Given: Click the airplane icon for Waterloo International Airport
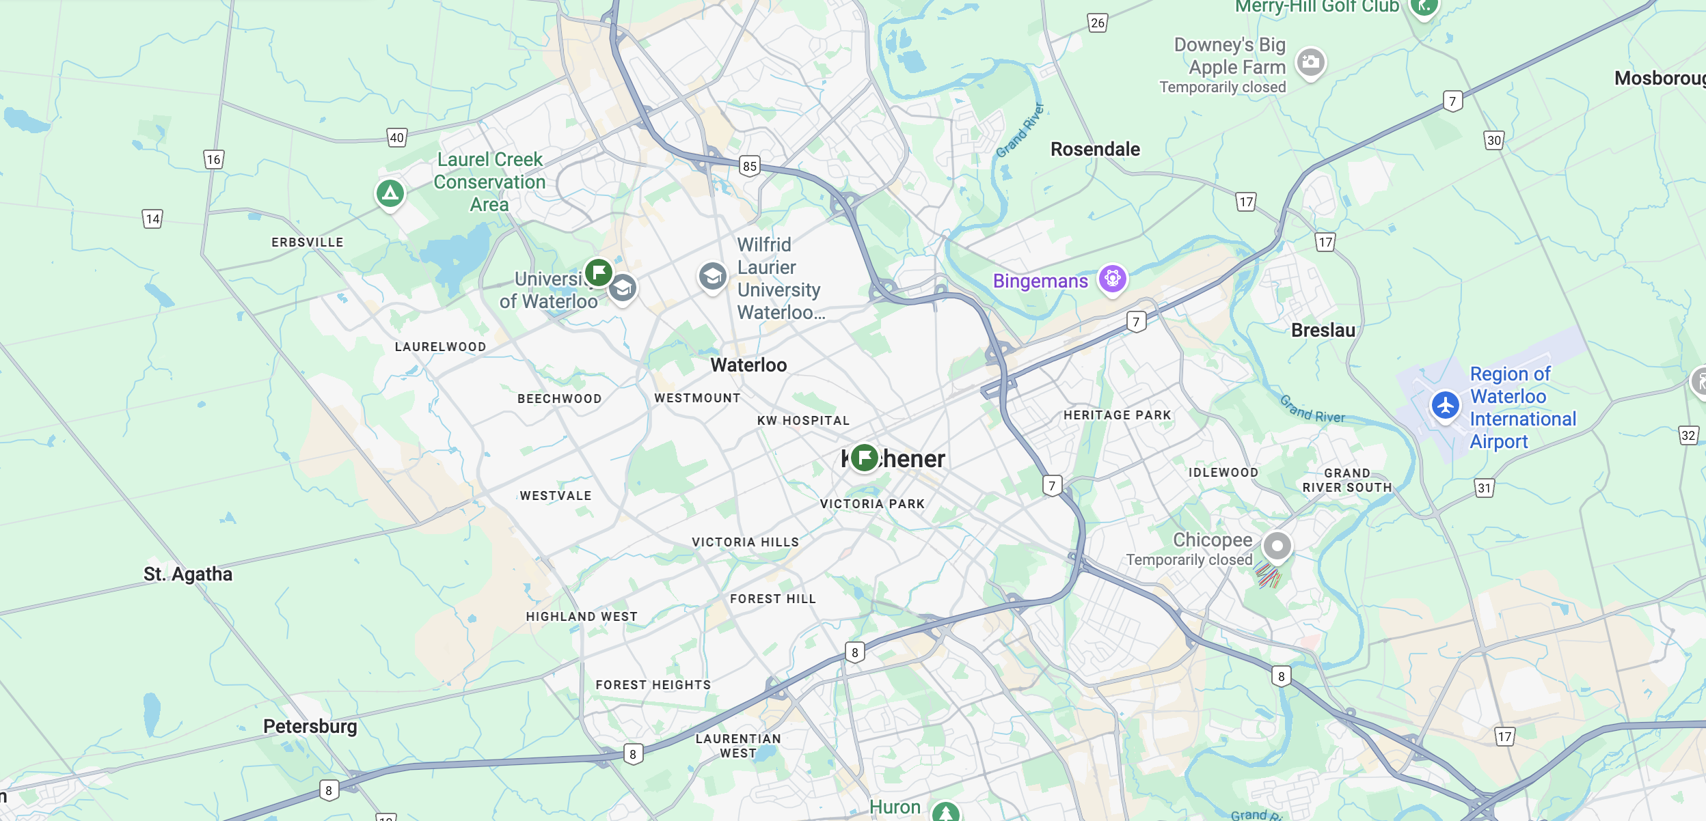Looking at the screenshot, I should [1445, 406].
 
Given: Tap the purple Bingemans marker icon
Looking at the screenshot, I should [1112, 278].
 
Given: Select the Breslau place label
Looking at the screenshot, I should [1323, 331].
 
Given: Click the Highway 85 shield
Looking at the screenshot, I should [750, 166].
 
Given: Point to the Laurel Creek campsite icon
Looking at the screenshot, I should [390, 193].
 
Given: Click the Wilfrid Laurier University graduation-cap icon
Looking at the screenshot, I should [712, 277].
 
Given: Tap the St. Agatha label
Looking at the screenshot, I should [188, 574].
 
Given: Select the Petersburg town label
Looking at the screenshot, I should [310, 726].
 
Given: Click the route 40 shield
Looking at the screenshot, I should [396, 138].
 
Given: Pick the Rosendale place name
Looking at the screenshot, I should [1095, 149].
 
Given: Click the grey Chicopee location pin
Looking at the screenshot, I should [1277, 546].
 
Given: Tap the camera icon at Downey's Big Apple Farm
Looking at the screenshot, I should [1310, 63].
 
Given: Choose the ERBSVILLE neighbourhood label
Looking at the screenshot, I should [308, 242].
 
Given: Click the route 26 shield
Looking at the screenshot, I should [1098, 23].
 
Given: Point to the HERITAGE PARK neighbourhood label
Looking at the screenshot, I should [1117, 415].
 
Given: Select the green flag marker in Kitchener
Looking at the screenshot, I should [865, 457].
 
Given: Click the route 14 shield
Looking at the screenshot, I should [152, 219].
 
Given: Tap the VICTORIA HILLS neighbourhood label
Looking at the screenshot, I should [745, 542].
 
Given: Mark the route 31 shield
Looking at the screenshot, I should [1484, 488].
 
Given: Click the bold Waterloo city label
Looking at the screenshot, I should [748, 365].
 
